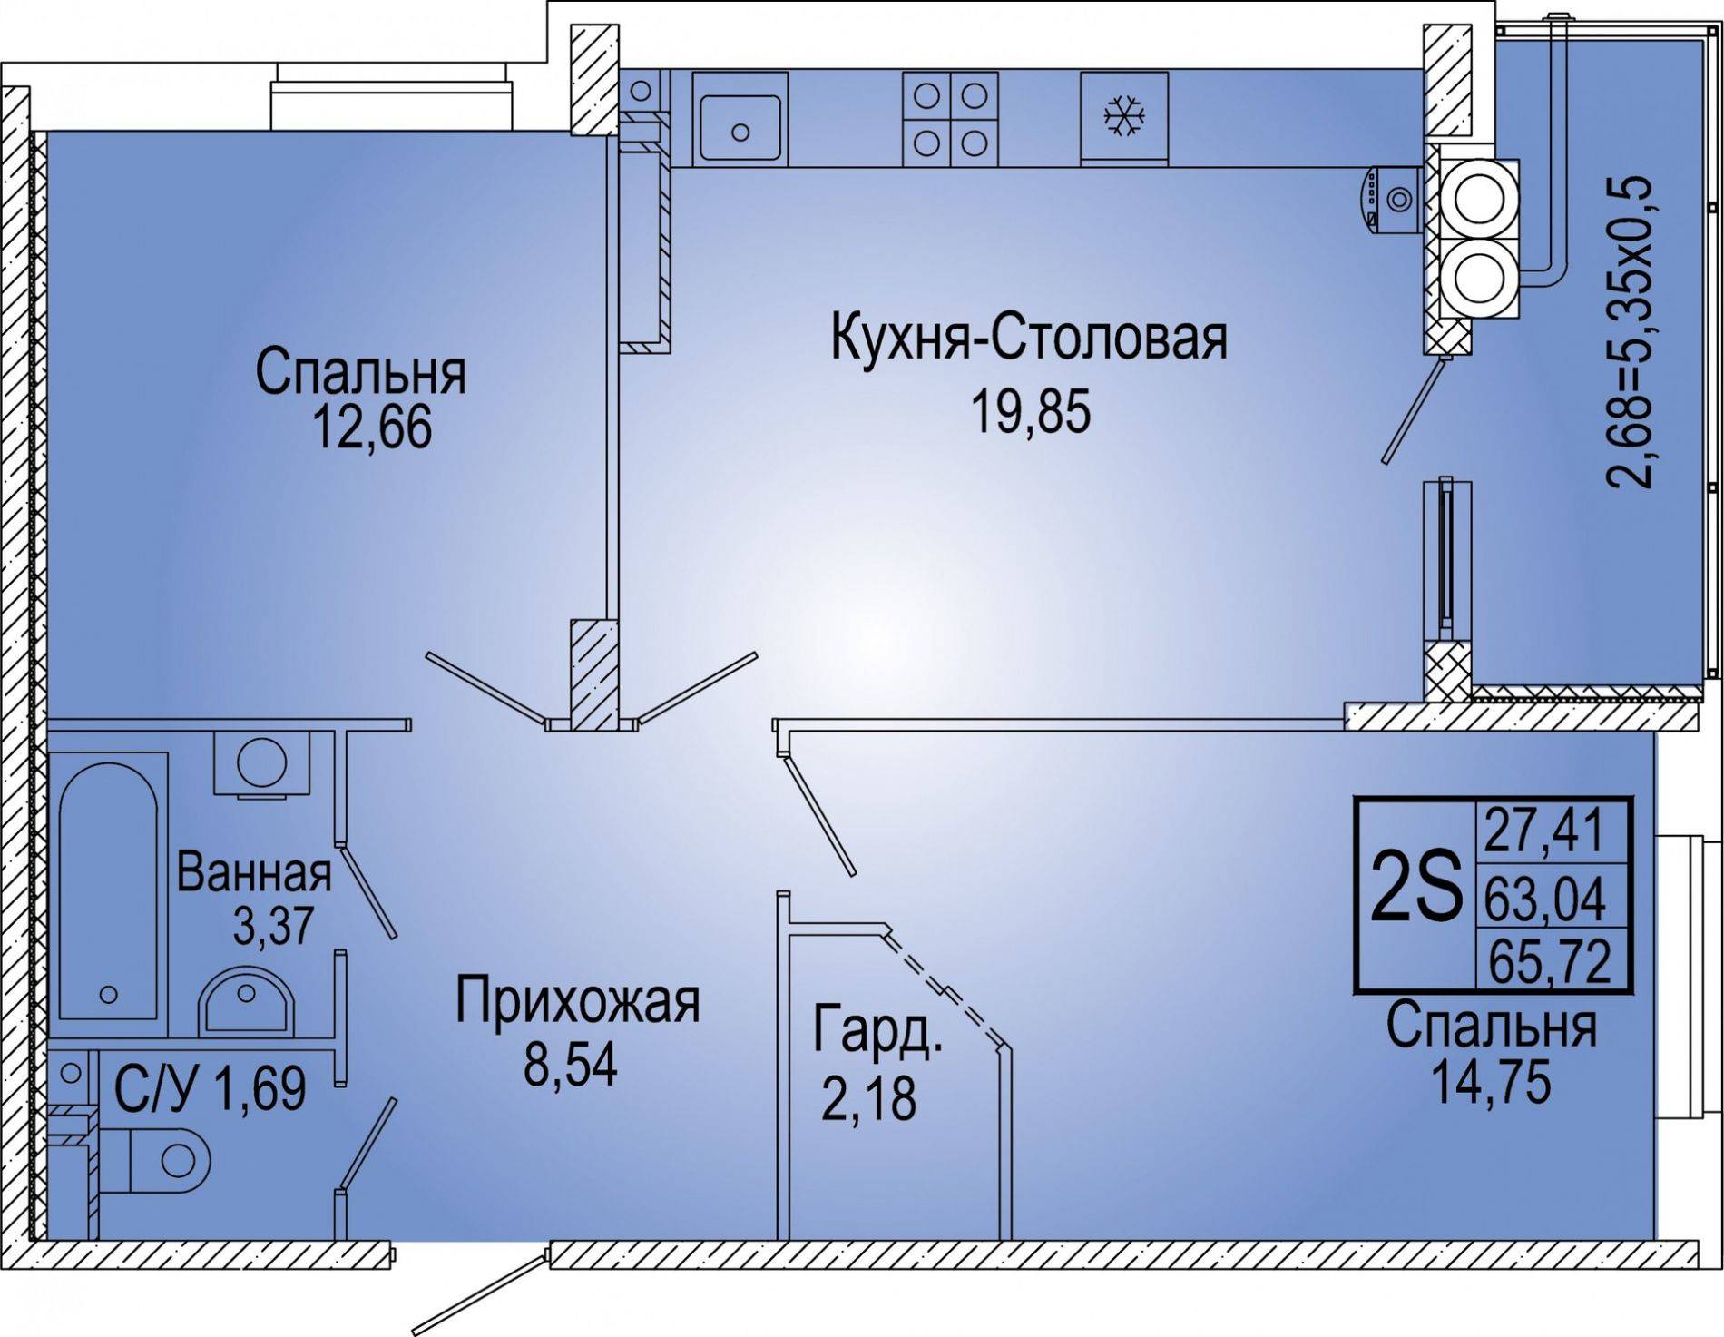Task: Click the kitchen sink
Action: click(x=740, y=118)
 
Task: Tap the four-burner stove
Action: click(x=950, y=118)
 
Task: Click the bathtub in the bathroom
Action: click(x=109, y=893)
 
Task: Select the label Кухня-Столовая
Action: click(x=1029, y=339)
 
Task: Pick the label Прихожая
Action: click(x=578, y=1002)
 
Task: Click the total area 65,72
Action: click(x=1546, y=961)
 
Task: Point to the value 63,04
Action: click(x=1545, y=898)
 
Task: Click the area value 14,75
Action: click(x=1490, y=1083)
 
